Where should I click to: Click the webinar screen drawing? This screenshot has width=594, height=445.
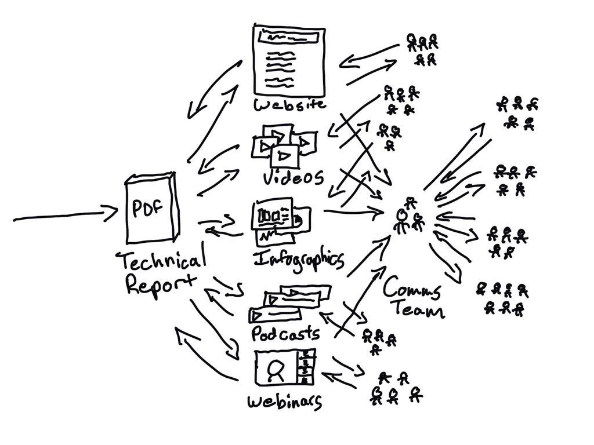(x=285, y=367)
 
